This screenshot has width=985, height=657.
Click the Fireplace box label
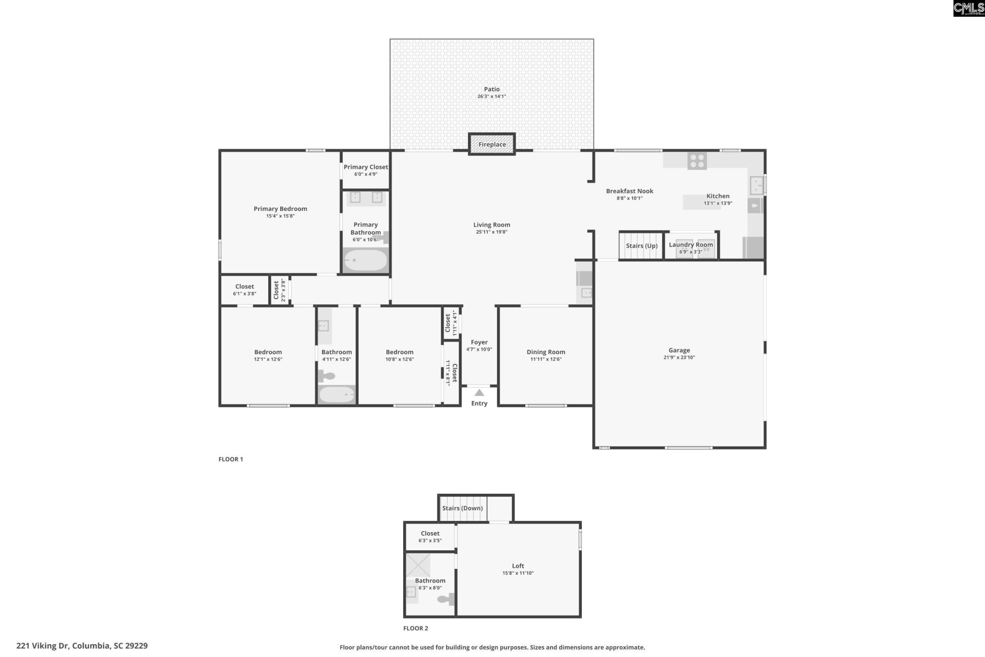click(x=492, y=144)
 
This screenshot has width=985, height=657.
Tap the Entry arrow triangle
click(x=479, y=393)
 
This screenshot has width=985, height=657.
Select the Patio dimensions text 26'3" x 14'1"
click(x=491, y=96)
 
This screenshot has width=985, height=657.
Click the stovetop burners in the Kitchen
click(x=697, y=161)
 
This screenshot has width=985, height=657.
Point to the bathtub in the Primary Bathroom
click(x=365, y=260)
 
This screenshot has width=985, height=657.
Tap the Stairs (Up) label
click(x=641, y=246)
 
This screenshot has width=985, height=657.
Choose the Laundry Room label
click(x=691, y=245)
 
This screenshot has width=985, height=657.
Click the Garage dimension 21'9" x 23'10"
click(x=679, y=358)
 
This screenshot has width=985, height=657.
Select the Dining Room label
click(x=545, y=352)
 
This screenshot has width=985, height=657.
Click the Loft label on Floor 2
click(x=518, y=566)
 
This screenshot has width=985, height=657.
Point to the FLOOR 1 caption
click(x=230, y=459)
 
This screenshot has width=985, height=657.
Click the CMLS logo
click(x=968, y=8)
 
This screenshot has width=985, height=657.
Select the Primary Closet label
click(x=365, y=167)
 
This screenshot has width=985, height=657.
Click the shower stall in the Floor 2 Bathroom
click(x=418, y=565)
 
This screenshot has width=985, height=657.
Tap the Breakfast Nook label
click(x=629, y=191)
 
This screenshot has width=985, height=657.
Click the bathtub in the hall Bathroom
click(x=337, y=395)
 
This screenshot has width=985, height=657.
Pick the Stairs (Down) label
click(x=462, y=508)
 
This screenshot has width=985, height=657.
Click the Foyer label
click(x=479, y=342)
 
